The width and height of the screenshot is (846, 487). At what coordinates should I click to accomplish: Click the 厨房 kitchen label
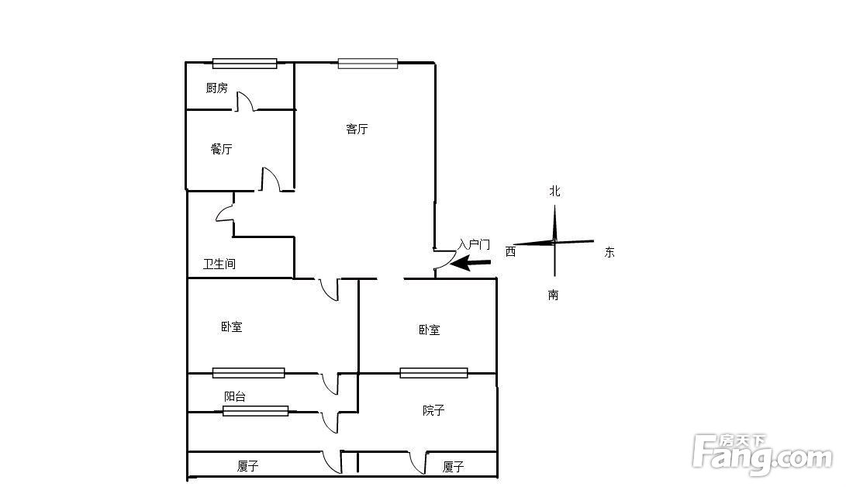[217, 88]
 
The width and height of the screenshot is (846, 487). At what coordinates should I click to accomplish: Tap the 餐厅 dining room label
[221, 149]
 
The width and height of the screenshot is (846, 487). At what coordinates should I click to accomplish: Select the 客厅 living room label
[357, 129]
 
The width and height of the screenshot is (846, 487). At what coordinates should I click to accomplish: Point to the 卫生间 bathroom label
[219, 264]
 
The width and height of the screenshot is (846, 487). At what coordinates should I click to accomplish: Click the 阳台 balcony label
[235, 396]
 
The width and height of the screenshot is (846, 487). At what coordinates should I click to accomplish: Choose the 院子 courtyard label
[433, 410]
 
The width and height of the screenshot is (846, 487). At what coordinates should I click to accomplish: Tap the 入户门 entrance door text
[474, 244]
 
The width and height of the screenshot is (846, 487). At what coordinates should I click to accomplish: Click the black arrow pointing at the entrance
[471, 264]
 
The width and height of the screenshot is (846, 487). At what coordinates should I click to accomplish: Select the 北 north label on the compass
[554, 191]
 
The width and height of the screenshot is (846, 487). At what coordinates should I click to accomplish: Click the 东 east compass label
[609, 252]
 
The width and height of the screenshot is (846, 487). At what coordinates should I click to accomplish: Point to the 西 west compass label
[510, 251]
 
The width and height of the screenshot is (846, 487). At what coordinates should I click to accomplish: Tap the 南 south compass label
[554, 295]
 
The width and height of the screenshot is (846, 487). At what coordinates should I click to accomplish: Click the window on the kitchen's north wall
[244, 64]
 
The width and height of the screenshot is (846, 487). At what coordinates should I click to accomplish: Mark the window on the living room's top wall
[368, 64]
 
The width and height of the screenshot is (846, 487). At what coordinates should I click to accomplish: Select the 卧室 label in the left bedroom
[231, 326]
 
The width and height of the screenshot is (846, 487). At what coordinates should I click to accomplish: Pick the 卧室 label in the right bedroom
[430, 330]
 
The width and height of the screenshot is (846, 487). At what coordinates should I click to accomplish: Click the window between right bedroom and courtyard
[433, 373]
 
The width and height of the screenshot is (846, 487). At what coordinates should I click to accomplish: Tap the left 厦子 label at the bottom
[247, 466]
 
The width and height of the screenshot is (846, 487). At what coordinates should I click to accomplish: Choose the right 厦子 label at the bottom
[453, 467]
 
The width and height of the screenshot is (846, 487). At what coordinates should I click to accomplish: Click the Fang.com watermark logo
[761, 454]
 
